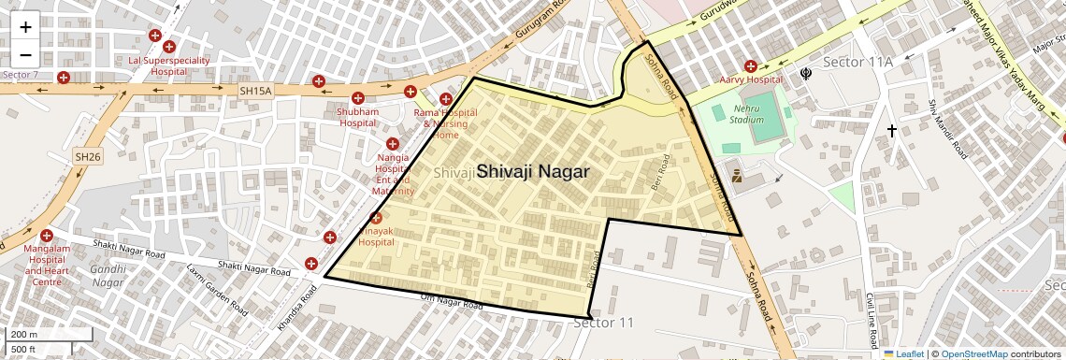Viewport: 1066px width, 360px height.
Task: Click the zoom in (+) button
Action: point(25,27)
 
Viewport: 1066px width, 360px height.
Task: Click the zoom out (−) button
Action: point(25,54)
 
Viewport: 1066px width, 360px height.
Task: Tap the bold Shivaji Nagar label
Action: point(533,172)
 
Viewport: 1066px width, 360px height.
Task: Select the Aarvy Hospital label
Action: point(750,80)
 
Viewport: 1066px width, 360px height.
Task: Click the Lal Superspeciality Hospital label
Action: point(169,65)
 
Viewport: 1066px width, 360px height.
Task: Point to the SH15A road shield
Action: point(254,91)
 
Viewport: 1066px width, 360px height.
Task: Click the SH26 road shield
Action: point(87,157)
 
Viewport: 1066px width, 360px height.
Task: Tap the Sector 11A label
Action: point(858,62)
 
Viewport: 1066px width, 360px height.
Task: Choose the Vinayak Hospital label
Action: point(377,236)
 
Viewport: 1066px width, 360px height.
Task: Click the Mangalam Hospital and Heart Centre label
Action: point(47,266)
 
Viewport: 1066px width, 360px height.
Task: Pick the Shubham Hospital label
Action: point(358,117)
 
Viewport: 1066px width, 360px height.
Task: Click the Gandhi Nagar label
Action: point(108,276)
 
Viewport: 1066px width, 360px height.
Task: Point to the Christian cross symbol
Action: point(892,132)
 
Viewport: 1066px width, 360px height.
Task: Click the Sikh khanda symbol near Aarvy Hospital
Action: point(805,73)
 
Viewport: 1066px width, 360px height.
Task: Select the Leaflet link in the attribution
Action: point(904,354)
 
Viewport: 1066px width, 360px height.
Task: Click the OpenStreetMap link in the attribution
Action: point(974,354)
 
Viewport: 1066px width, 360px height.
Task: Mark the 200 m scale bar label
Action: point(24,335)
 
